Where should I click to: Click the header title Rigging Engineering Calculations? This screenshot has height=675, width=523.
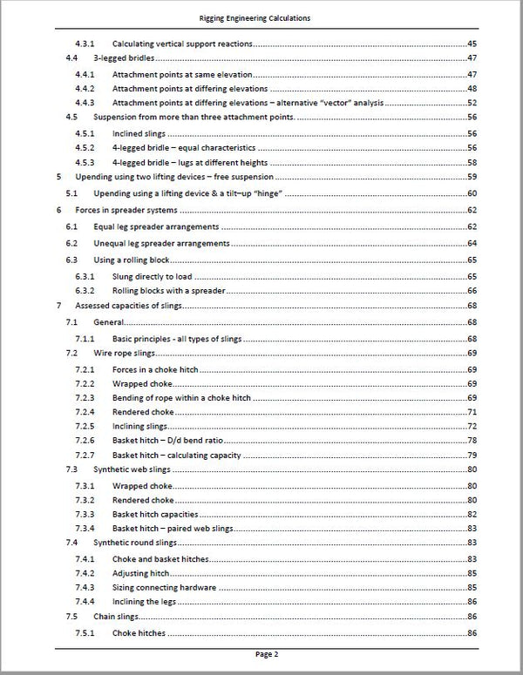261,17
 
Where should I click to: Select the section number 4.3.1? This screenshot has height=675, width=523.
86,44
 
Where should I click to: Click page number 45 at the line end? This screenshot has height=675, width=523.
472,44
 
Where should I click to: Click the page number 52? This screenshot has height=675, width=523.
472,103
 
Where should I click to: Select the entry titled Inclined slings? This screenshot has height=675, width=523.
139,133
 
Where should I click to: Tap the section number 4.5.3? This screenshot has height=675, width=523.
86,163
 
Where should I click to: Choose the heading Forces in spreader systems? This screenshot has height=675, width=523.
122,210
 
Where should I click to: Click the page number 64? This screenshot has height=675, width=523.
472,243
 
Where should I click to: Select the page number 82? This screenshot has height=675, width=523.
472,515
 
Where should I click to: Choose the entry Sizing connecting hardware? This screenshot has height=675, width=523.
165,588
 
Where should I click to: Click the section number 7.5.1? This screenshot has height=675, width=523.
86,632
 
